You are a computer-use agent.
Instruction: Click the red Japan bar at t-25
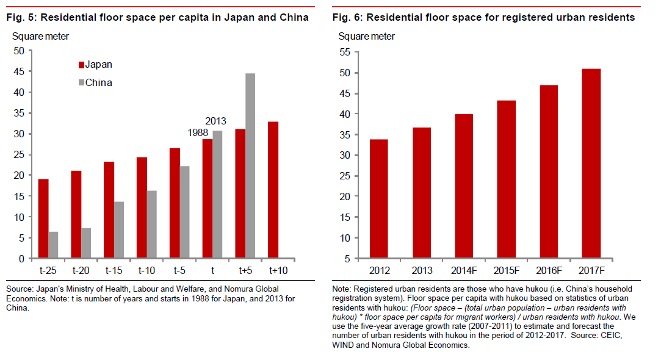tap(43, 218)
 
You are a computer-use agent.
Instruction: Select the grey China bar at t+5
tap(250, 166)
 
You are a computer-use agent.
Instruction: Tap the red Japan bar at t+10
tap(273, 190)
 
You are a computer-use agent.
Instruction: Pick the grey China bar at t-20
tap(86, 243)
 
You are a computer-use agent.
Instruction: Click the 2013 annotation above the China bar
tap(216, 121)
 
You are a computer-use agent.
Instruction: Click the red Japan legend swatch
tap(80, 65)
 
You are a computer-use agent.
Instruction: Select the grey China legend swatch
tap(80, 82)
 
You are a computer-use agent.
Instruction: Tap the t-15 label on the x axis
tap(114, 270)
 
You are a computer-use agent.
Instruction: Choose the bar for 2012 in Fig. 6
tap(378, 199)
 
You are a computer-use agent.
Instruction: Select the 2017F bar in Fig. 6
tap(591, 164)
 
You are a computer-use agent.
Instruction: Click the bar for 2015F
tap(506, 179)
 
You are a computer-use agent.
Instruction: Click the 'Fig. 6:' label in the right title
tap(349, 17)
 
